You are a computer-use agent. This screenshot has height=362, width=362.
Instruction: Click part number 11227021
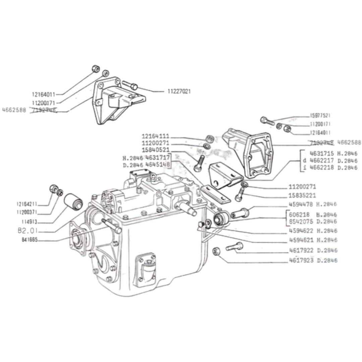[179, 91]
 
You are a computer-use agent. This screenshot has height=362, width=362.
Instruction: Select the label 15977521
[320, 116]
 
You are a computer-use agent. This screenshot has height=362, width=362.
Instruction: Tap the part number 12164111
[156, 137]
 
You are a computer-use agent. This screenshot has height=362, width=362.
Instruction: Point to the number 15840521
[156, 150]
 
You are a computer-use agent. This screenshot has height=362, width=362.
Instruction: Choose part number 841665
[28, 239]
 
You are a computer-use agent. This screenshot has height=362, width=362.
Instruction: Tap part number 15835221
[302, 195]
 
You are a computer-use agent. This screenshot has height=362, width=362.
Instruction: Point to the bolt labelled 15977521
[267, 121]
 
